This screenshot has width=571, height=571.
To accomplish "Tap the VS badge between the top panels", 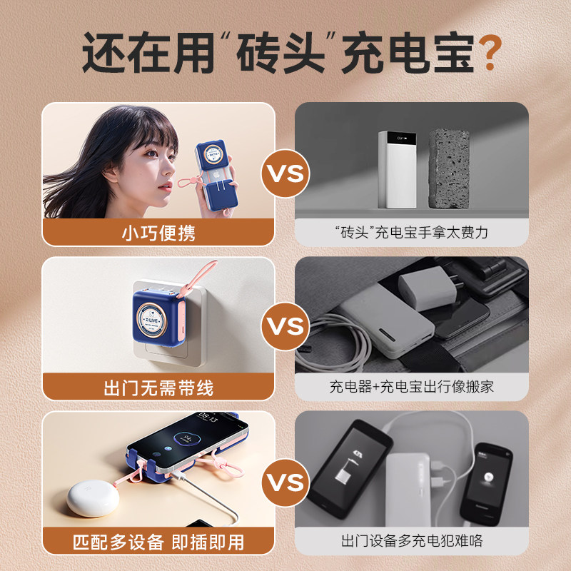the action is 285,173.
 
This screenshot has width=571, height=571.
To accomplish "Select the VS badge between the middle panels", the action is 285,326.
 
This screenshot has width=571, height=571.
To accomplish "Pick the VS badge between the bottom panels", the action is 285,482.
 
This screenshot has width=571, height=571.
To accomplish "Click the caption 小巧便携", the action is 158,233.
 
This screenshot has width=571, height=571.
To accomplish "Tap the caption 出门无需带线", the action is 158,388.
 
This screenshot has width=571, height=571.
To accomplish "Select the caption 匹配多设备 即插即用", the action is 158,542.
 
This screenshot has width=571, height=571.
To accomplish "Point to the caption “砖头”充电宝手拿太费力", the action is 412,233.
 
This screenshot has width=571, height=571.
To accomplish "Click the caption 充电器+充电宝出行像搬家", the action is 412,386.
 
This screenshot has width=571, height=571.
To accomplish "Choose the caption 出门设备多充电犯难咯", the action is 412,541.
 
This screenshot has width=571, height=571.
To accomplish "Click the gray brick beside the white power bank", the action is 449,168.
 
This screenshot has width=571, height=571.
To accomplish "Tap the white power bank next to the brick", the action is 397,170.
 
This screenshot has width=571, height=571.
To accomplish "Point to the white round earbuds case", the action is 93,497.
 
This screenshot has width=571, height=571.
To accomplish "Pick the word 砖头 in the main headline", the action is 281,53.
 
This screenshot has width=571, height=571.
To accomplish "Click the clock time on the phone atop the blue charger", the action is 208,418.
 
